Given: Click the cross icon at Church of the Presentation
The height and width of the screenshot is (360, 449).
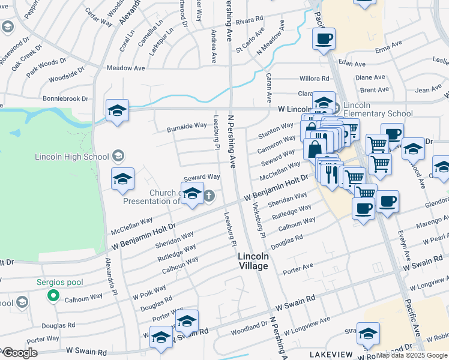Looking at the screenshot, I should click(x=209, y=196).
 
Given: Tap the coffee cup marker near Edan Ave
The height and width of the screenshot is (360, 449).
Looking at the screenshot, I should click(x=324, y=40).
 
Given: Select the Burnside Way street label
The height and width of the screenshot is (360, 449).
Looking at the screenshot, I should click(x=187, y=127).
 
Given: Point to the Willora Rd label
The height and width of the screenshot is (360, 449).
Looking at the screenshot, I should click(x=314, y=79).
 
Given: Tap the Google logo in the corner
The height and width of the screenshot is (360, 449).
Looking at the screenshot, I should click(x=19, y=353).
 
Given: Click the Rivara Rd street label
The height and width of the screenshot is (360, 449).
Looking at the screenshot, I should click(x=250, y=20).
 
